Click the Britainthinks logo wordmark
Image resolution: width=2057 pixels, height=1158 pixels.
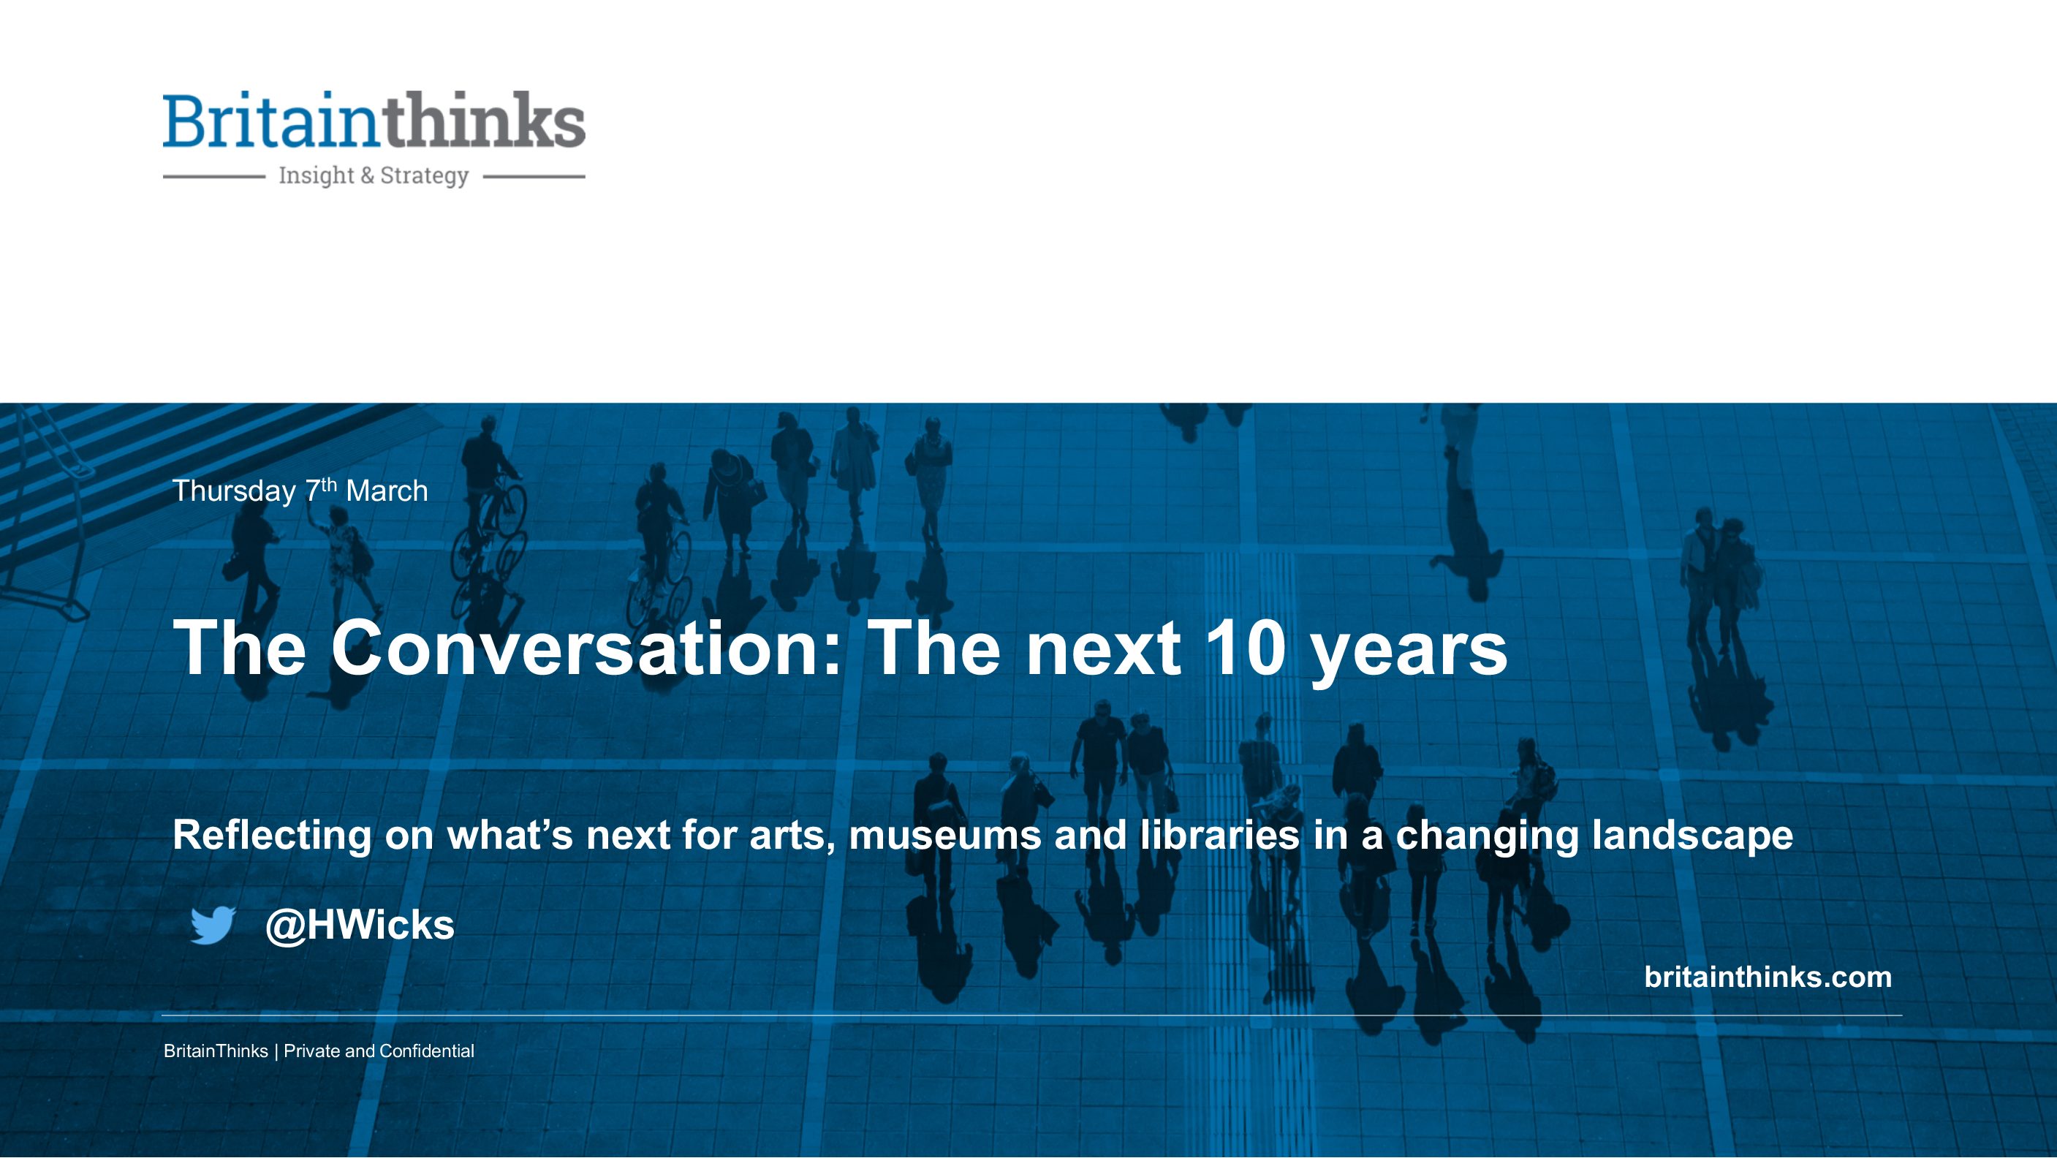tap(374, 120)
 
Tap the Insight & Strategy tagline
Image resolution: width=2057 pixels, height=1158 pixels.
tap(374, 175)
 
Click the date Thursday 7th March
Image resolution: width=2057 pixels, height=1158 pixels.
tap(300, 491)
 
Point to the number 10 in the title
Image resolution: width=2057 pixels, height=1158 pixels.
tap(1246, 647)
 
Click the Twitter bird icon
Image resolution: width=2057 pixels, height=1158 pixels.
tap(213, 925)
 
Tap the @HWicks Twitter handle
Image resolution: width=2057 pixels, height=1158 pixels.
tap(360, 926)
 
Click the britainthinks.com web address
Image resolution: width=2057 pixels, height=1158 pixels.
tap(1768, 977)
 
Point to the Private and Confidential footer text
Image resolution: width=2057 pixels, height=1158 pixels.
tap(379, 1051)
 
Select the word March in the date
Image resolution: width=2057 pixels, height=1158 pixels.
tap(387, 491)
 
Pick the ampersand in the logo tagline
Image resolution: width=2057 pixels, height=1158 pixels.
tap(367, 175)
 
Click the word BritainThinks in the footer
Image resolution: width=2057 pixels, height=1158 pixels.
tap(216, 1051)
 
